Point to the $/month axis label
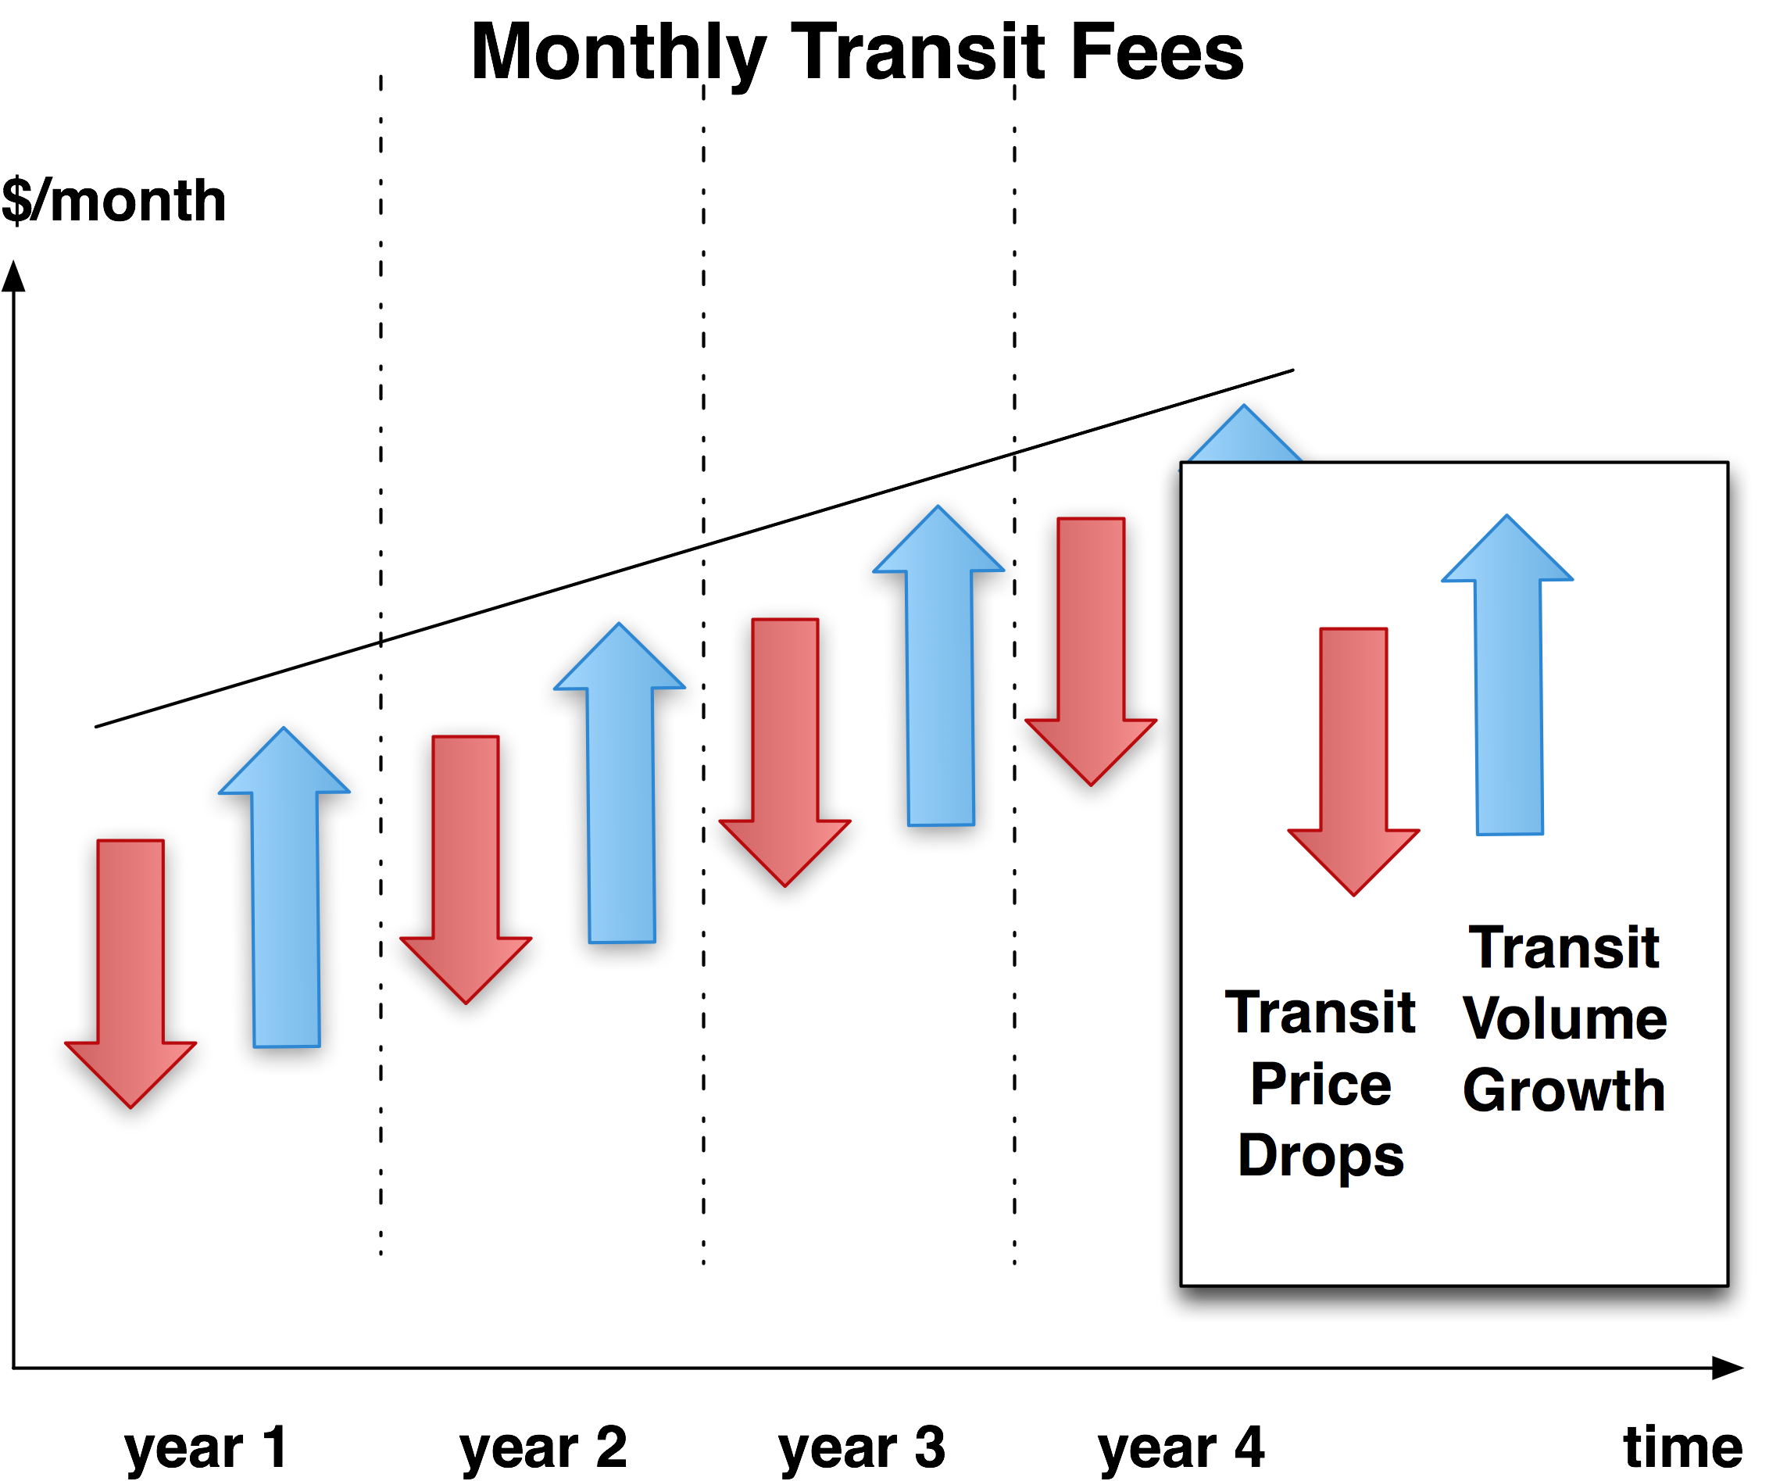point(114,201)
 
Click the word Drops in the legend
point(1321,1156)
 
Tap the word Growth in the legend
point(1564,1090)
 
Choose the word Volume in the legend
point(1564,1019)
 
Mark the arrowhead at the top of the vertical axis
point(13,276)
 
